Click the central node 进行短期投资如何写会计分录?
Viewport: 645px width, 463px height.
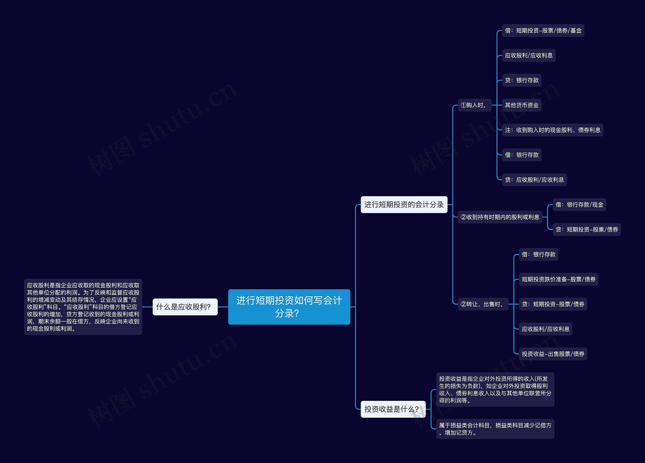(x=289, y=307)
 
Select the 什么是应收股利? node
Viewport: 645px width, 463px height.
(x=185, y=307)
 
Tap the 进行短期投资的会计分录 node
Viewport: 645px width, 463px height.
(x=404, y=205)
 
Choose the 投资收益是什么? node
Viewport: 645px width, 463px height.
(x=393, y=409)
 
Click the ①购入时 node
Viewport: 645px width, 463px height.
(x=474, y=105)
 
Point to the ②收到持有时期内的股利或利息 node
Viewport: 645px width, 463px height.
(x=500, y=217)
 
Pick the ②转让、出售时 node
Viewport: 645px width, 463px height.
(x=482, y=304)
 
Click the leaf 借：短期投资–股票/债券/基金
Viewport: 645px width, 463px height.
(x=543, y=30)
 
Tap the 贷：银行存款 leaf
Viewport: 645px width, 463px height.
(x=522, y=80)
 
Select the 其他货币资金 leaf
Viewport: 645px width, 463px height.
(x=522, y=105)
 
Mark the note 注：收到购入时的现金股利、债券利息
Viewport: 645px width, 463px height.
(x=552, y=130)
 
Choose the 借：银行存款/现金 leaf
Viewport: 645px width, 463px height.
(x=579, y=205)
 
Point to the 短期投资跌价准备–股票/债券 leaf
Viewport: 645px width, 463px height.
(x=558, y=279)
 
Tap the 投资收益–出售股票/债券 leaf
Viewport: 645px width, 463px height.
(x=553, y=354)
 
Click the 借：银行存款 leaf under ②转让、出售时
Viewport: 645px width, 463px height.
(x=538, y=254)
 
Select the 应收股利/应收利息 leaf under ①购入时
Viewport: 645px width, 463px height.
(x=528, y=55)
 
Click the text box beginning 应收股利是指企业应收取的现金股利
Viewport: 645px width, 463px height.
(x=83, y=307)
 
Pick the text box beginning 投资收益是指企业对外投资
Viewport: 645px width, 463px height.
(x=495, y=390)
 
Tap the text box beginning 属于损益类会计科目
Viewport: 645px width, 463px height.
(x=495, y=429)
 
